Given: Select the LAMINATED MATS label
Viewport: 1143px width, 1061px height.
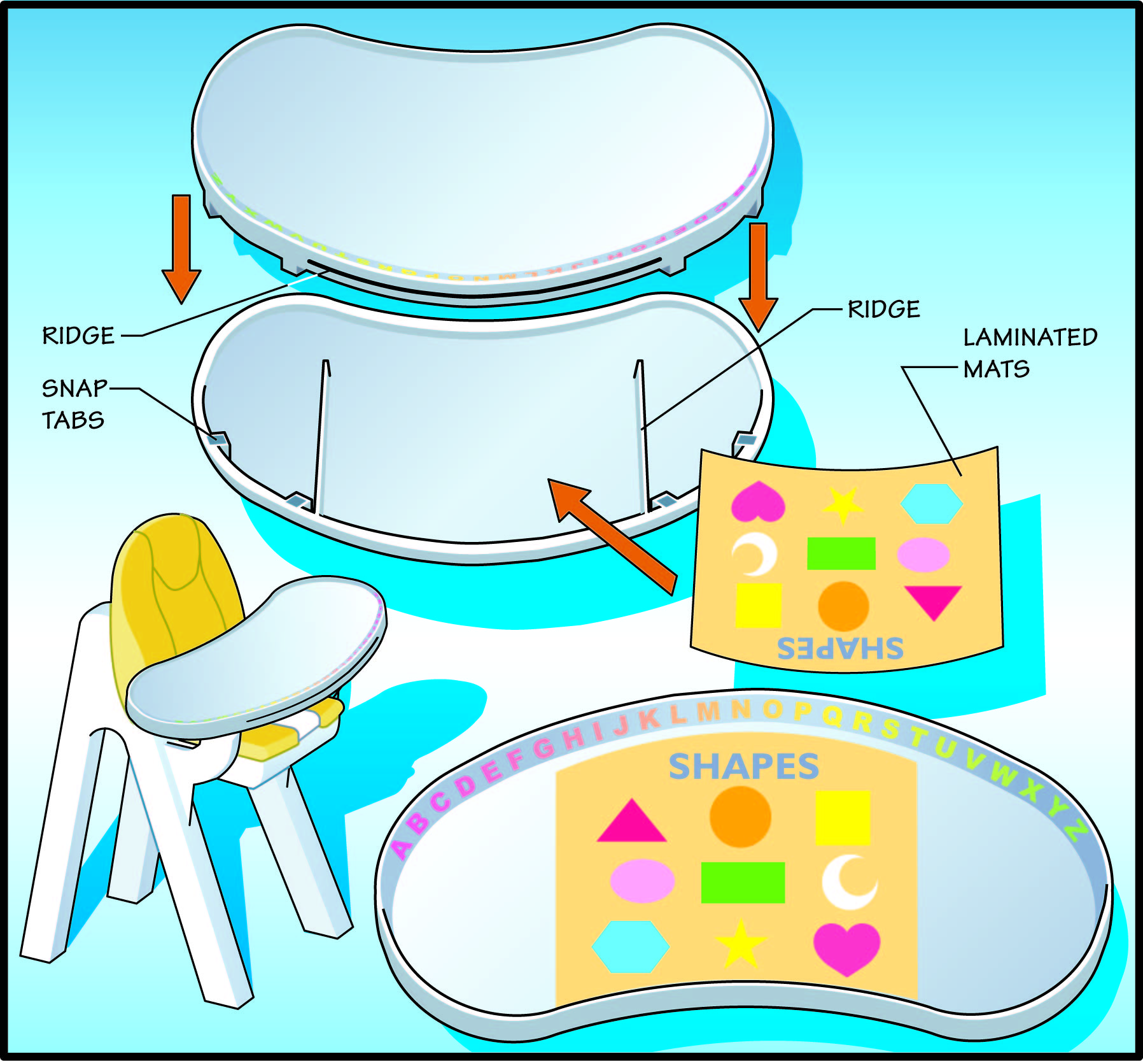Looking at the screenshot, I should [x=1029, y=352].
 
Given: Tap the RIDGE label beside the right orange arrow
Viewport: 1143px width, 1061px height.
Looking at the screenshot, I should [x=883, y=310].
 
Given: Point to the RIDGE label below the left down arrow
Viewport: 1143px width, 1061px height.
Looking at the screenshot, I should [x=78, y=336].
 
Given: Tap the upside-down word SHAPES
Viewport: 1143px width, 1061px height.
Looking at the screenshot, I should [x=839, y=648].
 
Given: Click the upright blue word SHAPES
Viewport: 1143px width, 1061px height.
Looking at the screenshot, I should [x=743, y=766].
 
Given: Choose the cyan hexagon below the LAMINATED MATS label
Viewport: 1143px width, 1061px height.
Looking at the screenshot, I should [x=931, y=503].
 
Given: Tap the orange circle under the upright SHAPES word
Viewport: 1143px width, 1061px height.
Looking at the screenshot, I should [x=740, y=816].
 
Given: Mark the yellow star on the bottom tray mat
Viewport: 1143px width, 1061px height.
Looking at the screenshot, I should [x=740, y=944].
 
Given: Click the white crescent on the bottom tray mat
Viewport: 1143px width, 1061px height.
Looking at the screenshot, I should [x=848, y=882].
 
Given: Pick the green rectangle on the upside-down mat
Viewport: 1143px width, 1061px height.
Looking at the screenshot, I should [x=841, y=553].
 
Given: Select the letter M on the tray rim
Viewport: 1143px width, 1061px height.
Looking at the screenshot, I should [x=708, y=711].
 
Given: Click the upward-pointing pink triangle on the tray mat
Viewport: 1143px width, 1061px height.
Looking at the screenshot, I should [x=631, y=822].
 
